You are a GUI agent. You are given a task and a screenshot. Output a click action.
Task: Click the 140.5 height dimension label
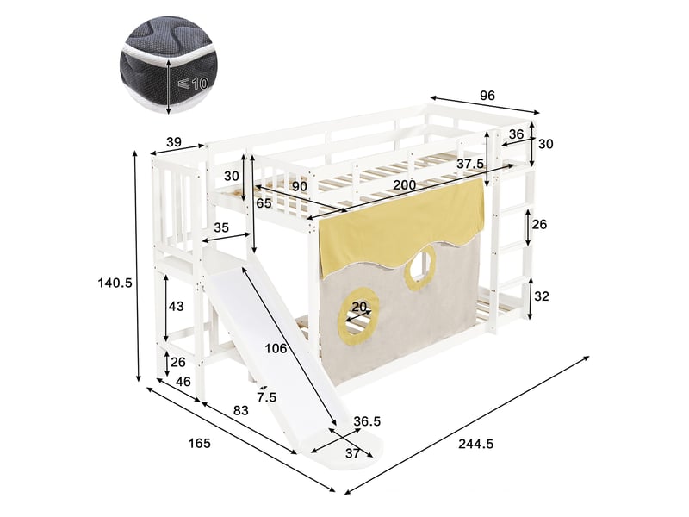115,283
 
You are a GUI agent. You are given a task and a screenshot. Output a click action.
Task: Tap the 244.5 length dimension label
476,444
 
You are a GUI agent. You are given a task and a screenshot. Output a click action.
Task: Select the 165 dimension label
200,443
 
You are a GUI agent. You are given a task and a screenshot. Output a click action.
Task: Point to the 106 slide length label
276,349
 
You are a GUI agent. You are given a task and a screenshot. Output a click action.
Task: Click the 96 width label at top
487,96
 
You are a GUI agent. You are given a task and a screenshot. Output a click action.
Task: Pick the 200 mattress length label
404,184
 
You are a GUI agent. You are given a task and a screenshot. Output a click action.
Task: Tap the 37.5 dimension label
470,164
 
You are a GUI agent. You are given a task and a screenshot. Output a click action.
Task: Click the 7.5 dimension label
267,397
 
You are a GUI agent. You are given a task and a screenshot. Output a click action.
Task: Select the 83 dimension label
241,411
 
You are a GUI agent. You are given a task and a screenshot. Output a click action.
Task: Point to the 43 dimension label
177,306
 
